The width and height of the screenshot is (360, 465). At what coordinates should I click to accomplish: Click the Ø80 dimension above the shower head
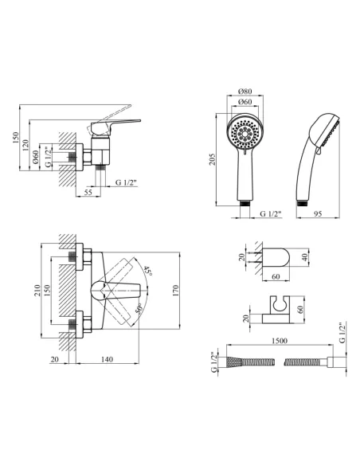coord(245,91)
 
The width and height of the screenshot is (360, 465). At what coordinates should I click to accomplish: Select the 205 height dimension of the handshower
coord(213,159)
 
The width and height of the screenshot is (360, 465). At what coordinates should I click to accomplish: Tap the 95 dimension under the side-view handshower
coord(318,213)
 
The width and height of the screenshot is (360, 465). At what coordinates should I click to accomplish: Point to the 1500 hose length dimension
coord(280,341)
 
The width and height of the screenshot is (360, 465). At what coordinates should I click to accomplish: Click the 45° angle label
coord(147,271)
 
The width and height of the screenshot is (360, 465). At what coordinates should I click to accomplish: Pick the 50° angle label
coord(139,310)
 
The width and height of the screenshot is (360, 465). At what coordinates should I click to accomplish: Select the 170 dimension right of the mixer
coord(175,291)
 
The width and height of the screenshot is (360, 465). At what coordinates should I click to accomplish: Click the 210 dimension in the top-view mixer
coord(37,291)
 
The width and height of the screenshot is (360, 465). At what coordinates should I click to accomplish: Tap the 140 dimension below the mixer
coord(107,359)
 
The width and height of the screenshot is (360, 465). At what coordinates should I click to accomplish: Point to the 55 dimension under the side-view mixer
coord(88,192)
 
